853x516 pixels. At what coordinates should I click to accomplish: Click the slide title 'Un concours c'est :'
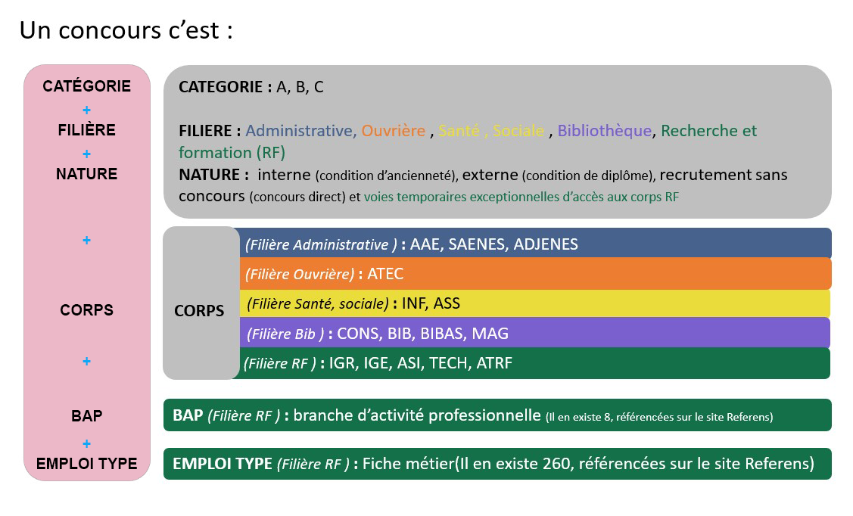[x=126, y=30]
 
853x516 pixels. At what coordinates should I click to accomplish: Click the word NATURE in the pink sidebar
[x=86, y=174]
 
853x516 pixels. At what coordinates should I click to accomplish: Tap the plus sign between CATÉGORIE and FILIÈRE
[x=86, y=110]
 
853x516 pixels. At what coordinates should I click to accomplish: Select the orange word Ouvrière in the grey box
[x=394, y=130]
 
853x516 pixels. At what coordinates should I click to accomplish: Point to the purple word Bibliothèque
[x=605, y=130]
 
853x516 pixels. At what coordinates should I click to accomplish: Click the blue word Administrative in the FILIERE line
[x=299, y=130]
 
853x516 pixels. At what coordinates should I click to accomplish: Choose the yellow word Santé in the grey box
[x=459, y=130]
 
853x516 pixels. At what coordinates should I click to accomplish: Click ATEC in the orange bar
[x=385, y=273]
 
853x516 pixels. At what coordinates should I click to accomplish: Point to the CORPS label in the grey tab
[x=199, y=310]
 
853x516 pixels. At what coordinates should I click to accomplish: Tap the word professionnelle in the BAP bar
[x=484, y=415]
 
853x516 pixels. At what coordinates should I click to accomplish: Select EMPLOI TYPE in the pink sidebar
[x=86, y=464]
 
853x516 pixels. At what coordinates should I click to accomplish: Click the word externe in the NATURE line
[x=490, y=175]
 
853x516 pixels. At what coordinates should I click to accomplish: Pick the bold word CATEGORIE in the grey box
[x=221, y=87]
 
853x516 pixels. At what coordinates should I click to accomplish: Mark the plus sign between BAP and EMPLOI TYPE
[x=86, y=443]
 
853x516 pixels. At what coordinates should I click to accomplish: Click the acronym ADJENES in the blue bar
[x=546, y=244]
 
